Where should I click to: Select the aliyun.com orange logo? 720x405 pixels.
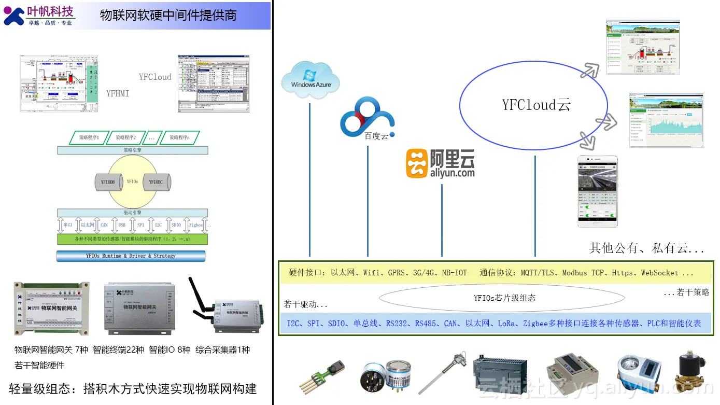440,164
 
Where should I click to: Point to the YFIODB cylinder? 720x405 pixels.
108,182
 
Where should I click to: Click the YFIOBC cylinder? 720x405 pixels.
156,182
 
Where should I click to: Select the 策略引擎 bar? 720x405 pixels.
132,150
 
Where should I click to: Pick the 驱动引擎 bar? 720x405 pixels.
132,213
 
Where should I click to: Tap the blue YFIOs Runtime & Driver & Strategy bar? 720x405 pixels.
131,256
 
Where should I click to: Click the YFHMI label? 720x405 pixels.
118,93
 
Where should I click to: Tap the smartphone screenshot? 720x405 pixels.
598,191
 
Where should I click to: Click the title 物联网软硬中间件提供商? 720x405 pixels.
168,16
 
